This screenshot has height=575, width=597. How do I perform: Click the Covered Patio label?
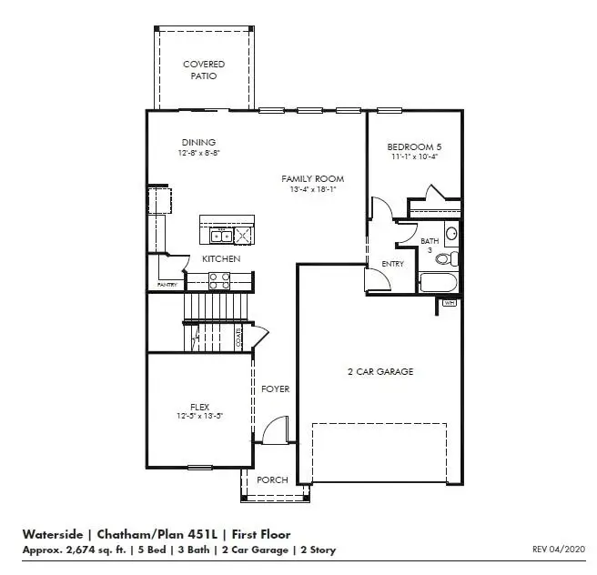tap(204, 70)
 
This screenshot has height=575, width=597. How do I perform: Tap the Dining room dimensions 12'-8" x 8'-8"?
tap(197, 154)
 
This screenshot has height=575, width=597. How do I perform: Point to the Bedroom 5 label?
tap(414, 146)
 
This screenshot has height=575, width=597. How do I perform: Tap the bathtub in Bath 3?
tap(439, 282)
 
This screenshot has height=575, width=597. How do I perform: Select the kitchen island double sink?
tap(221, 237)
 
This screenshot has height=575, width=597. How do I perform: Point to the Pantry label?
tap(167, 285)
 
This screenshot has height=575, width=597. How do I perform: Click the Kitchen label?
tap(221, 259)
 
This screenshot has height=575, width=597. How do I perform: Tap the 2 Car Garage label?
tap(380, 371)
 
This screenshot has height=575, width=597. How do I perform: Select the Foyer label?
tap(275, 388)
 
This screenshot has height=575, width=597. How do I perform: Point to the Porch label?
tap(273, 479)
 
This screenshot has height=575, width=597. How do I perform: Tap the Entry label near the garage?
tap(392, 264)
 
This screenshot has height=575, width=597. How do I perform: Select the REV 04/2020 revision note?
tap(559, 549)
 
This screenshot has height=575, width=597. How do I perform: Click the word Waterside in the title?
tap(50, 534)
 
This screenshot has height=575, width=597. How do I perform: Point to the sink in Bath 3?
tap(451, 233)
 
